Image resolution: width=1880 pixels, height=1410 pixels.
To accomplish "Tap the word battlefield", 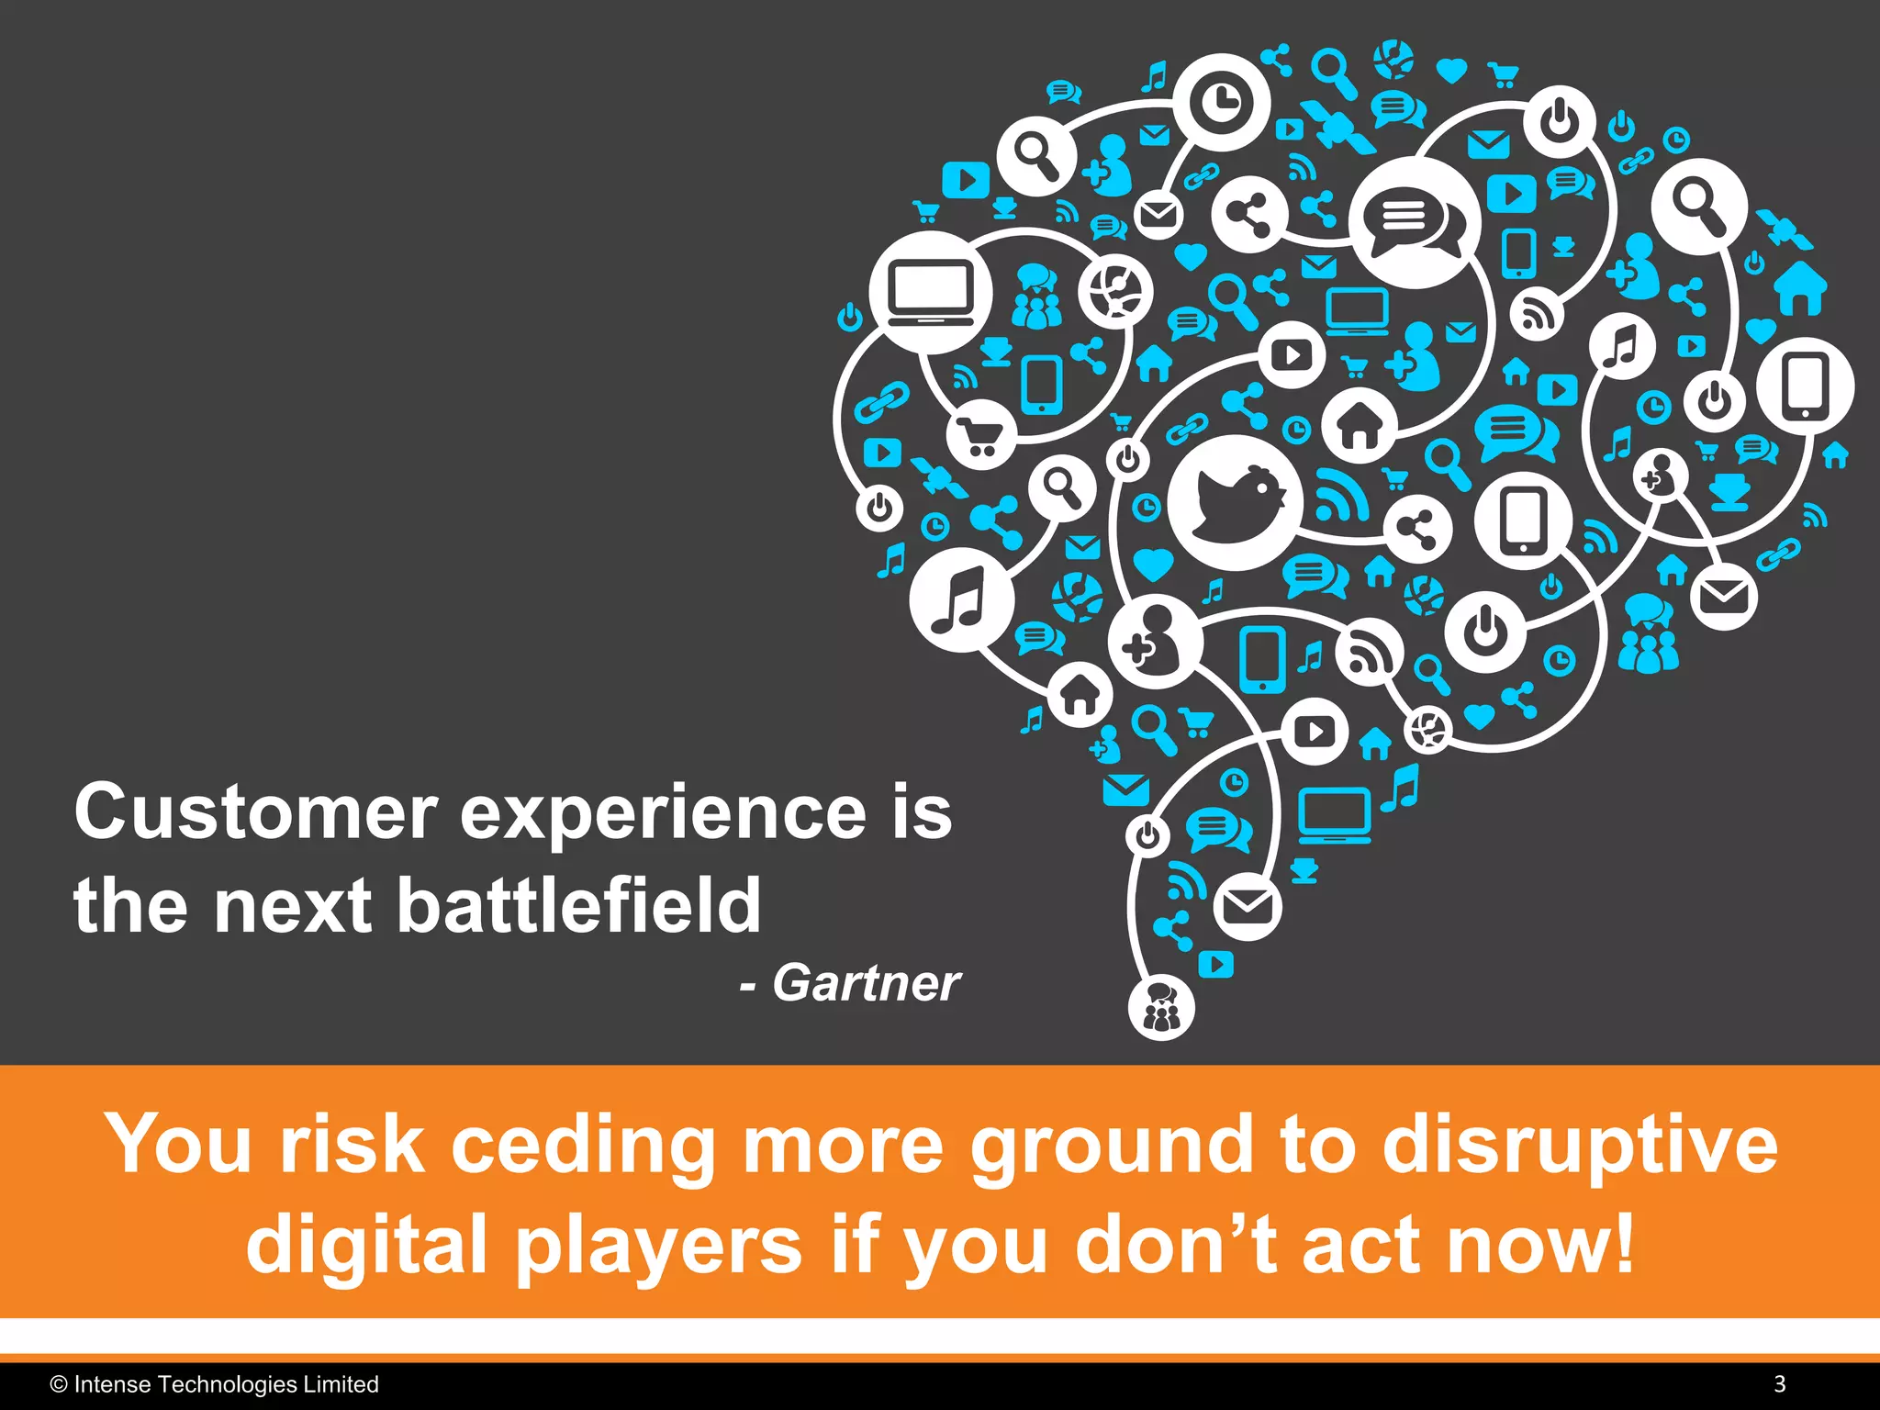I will point(578,906).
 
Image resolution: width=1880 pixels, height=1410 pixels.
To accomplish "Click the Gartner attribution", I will point(866,983).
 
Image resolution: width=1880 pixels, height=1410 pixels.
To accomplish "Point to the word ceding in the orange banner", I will point(582,1145).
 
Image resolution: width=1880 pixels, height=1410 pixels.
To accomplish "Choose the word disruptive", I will point(1580,1145).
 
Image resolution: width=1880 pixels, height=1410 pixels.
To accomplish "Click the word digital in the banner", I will point(365,1245).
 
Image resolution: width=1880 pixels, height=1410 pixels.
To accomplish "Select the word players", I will point(658,1247).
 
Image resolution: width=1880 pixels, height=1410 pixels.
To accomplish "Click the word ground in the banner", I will point(1111,1147).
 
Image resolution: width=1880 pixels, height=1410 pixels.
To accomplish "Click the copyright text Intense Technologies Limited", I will point(225,1384).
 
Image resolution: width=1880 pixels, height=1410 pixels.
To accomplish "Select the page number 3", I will point(1779,1384).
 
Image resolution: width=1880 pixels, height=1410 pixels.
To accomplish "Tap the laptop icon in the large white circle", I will point(931,292).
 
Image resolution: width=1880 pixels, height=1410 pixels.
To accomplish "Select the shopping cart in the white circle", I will point(979,435).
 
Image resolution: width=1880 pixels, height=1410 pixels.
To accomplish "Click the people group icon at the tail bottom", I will point(1161,1008).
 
